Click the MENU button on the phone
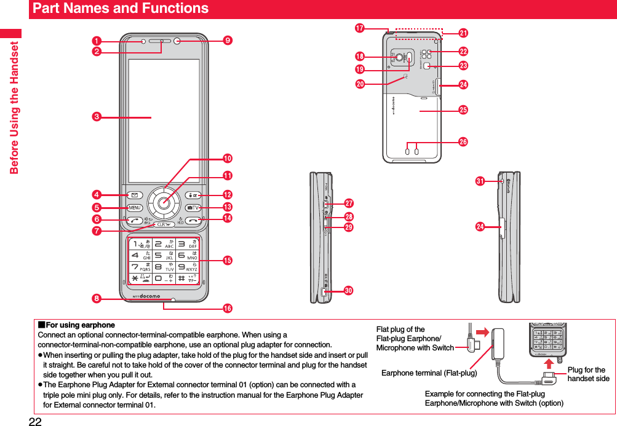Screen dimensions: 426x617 [135, 207]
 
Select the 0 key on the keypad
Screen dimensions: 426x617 [159, 280]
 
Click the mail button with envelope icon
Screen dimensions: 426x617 [135, 195]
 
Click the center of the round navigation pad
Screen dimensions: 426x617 [163, 202]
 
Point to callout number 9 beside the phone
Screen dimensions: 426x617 [228, 41]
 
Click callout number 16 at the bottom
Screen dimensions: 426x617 [228, 307]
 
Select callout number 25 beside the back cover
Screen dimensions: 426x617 [463, 110]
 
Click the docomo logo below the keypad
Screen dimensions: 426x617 [146, 296]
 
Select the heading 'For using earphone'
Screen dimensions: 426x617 [76, 325]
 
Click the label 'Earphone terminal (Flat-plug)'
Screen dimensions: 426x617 [429, 373]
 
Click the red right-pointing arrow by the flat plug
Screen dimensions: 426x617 [482, 333]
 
